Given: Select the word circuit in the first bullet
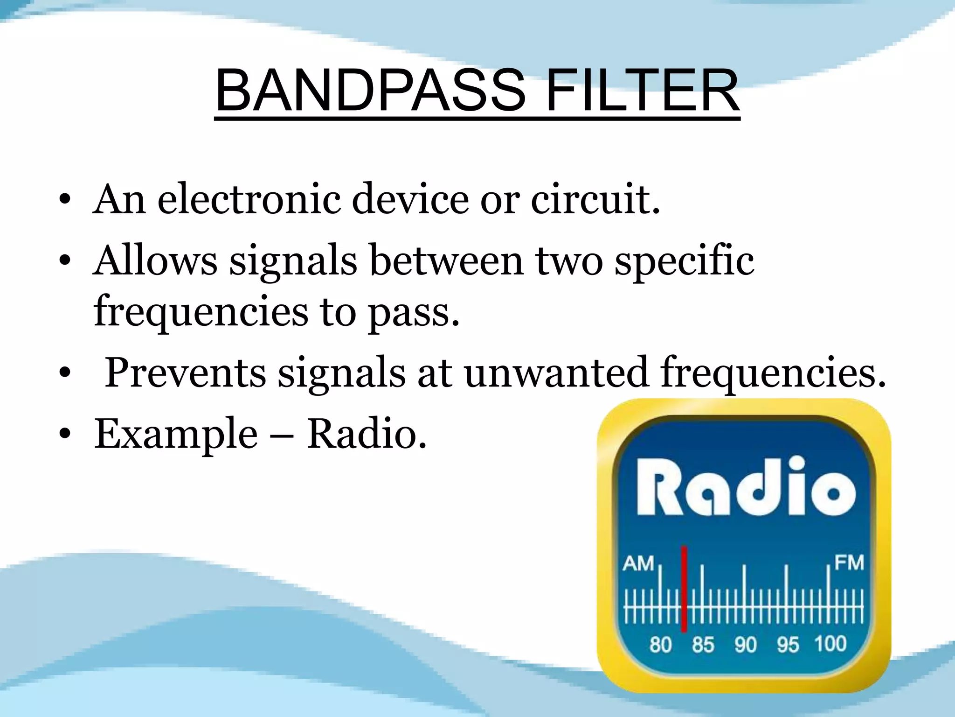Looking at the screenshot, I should click(x=595, y=200).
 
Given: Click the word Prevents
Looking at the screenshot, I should click(x=185, y=373).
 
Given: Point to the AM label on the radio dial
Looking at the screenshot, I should click(x=638, y=563).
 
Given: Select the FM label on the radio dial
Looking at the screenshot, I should click(x=849, y=562).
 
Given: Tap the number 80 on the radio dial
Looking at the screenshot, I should click(x=660, y=645).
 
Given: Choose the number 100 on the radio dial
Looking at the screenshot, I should click(x=830, y=644).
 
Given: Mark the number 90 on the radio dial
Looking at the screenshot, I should click(x=745, y=645).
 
